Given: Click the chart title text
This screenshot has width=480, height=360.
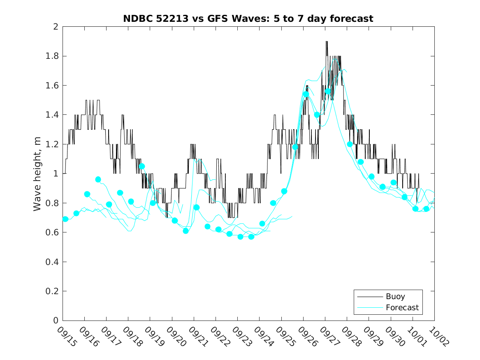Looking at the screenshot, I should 248,19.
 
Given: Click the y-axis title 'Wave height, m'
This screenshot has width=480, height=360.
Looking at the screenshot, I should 37,173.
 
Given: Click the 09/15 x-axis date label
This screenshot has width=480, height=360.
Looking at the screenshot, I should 67,336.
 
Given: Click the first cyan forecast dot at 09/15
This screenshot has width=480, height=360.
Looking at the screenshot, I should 65,219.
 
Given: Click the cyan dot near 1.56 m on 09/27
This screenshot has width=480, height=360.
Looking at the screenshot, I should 328,91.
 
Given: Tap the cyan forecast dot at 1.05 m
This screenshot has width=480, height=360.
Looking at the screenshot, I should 142,166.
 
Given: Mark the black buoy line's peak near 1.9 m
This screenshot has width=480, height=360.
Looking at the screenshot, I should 327,42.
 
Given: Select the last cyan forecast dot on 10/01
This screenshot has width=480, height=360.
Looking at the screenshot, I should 426,209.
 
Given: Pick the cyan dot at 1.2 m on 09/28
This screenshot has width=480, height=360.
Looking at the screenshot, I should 350,144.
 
